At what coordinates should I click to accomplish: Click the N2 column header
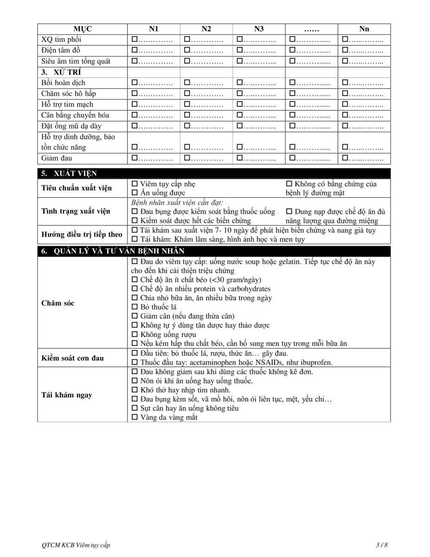tap(206, 29)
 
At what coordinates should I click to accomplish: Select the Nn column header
tap(364, 29)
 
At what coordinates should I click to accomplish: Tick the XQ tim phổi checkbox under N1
tap(135, 39)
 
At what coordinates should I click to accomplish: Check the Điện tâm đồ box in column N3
tap(240, 50)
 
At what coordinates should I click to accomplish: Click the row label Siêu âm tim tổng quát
tap(76, 61)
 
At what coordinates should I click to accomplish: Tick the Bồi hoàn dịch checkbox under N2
tap(187, 83)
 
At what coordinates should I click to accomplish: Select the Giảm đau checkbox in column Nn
tap(345, 158)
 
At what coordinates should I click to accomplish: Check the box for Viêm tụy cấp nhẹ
tap(135, 184)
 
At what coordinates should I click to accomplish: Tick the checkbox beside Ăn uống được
tap(135, 193)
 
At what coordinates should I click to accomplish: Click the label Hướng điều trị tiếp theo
tap(82, 234)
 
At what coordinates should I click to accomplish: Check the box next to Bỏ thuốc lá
tap(135, 307)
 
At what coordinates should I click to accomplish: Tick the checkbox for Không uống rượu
tap(135, 335)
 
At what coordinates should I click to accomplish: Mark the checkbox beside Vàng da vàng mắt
tap(135, 417)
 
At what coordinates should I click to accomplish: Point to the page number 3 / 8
tap(381, 544)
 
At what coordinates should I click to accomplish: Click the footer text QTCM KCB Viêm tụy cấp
tap(76, 544)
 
